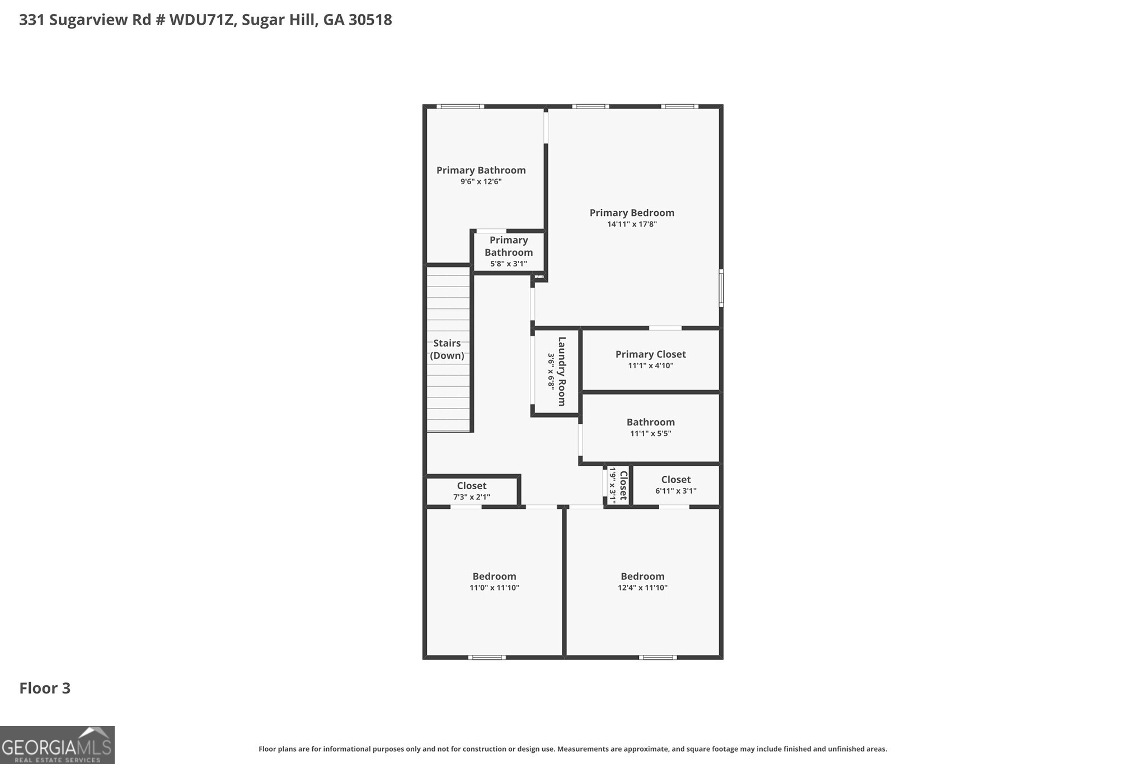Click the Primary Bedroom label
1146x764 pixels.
point(632,213)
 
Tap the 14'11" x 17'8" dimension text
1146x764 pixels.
point(632,224)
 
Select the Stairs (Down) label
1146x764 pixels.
point(447,349)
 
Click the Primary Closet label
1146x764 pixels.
point(650,354)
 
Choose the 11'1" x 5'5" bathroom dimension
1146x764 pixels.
point(650,434)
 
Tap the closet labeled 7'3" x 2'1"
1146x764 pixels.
point(471,491)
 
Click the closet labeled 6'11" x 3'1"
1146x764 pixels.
point(675,485)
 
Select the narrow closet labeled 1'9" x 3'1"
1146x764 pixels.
point(618,485)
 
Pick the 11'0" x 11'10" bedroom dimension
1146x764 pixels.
point(494,588)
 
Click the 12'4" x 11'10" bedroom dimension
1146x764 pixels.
point(642,588)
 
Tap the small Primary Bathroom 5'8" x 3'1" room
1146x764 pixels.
point(508,251)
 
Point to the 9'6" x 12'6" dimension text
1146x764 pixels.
point(481,182)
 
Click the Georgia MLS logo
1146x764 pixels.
point(57,745)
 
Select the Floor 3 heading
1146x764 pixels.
point(45,688)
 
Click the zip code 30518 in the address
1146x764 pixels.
point(370,20)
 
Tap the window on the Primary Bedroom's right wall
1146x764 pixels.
point(721,288)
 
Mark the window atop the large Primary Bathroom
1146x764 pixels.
point(460,106)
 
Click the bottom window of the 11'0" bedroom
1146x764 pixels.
point(486,657)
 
